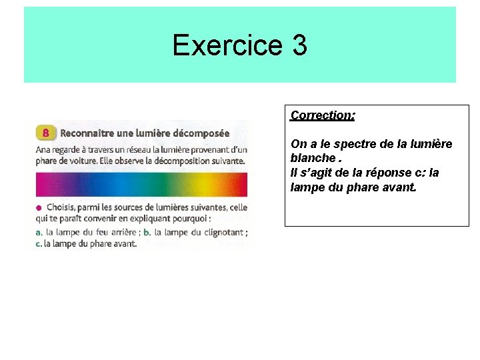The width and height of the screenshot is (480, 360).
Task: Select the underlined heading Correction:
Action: point(323,115)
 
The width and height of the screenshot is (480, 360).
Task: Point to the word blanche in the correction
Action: point(313,158)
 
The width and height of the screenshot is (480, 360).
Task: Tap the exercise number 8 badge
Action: point(45,133)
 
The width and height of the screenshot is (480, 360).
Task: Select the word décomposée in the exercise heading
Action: point(201,133)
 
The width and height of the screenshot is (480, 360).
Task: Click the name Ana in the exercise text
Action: point(43,149)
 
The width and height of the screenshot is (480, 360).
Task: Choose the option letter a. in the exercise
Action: point(39,232)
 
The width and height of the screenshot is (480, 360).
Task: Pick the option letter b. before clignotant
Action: point(147,232)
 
